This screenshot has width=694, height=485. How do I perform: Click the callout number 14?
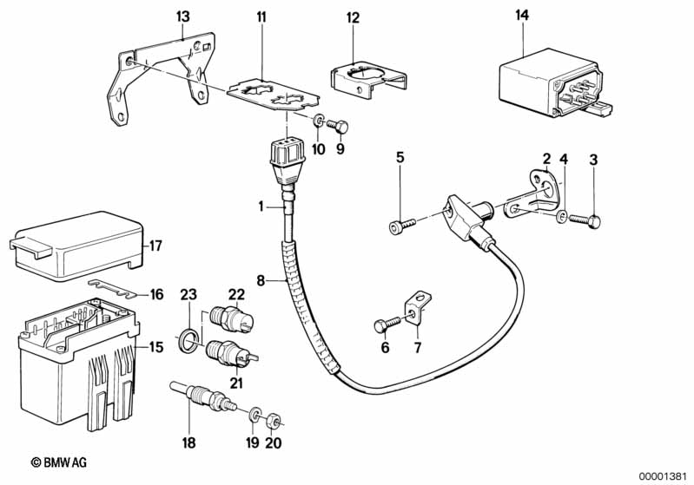click(521, 16)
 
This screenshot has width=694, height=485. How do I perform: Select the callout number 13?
click(182, 16)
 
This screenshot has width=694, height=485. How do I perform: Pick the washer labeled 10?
click(319, 121)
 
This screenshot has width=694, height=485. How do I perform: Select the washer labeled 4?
click(562, 216)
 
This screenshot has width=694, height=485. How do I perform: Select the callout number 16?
click(156, 295)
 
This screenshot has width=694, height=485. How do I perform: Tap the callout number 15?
click(156, 347)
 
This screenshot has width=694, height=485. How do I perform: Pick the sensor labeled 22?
click(229, 318)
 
